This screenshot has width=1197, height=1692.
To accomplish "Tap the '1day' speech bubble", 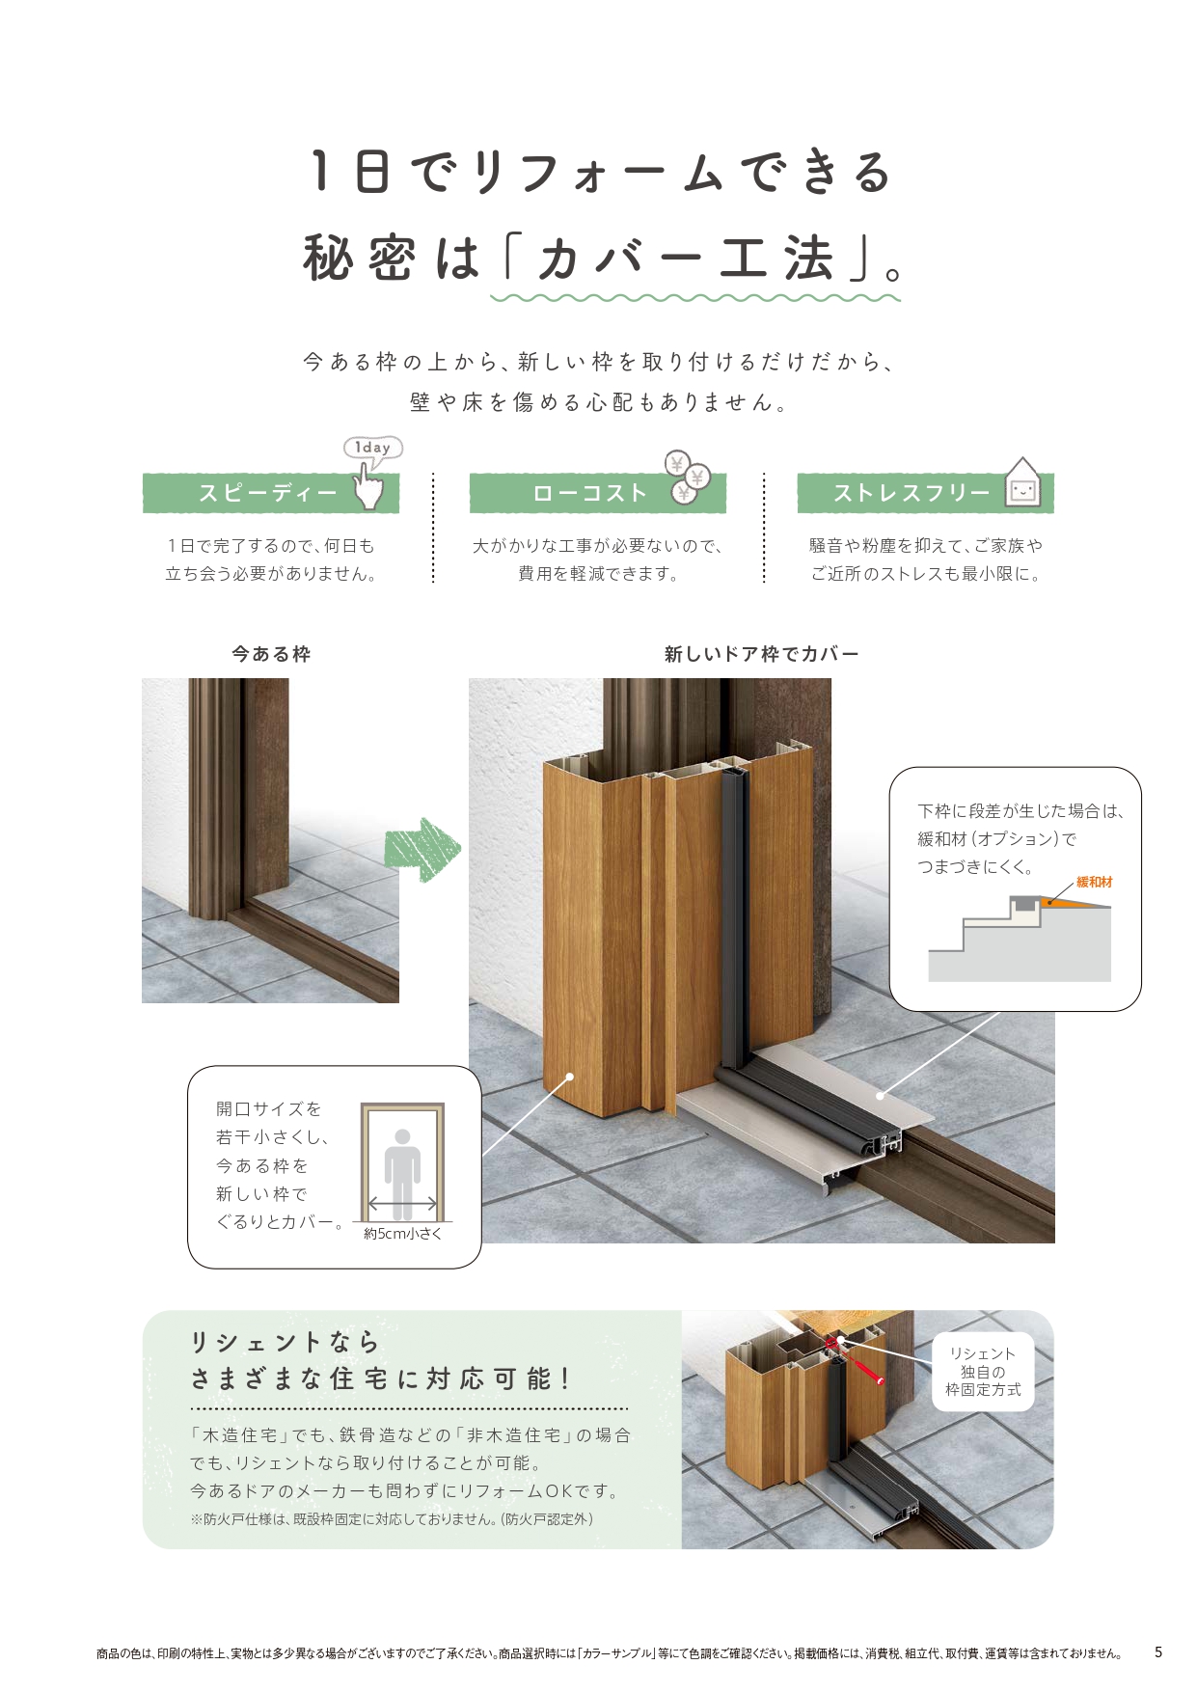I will [372, 448].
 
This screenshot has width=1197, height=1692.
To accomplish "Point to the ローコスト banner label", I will [589, 494].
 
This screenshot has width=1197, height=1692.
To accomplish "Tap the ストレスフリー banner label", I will [911, 494].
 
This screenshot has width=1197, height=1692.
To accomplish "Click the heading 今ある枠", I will [271, 654].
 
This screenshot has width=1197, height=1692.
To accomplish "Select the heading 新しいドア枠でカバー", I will [761, 654].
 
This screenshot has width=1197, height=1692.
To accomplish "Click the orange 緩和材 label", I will [1094, 882].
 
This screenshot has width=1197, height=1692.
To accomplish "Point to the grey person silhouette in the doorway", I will [402, 1172].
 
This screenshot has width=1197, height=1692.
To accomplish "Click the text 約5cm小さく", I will [402, 1234].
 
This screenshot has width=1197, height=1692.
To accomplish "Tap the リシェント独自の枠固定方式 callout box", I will [983, 1372].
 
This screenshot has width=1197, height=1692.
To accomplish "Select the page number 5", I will [1158, 1652].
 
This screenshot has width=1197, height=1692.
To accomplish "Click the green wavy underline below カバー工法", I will [694, 298].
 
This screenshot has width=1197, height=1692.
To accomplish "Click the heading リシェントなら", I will [286, 1342].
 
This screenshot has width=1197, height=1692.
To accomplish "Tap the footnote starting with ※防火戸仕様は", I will [392, 1519].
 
